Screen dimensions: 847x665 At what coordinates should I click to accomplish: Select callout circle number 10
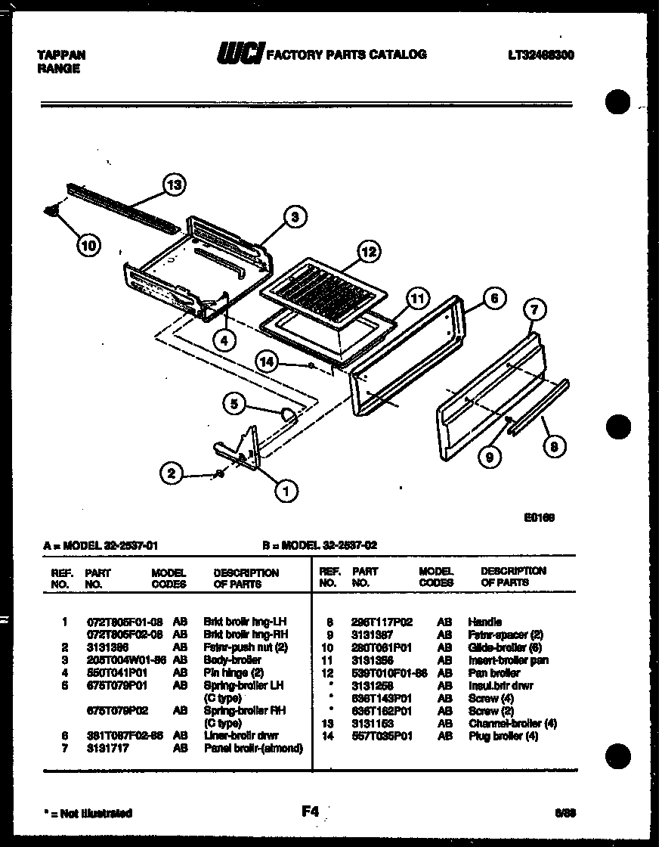[88, 244]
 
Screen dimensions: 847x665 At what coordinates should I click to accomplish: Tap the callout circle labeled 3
[295, 217]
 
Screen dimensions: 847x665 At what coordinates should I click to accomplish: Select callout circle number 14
[267, 361]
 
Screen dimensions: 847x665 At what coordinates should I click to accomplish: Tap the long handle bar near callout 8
[537, 409]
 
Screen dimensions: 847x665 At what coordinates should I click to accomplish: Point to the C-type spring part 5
[287, 413]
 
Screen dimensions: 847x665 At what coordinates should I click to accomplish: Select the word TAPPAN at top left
[61, 55]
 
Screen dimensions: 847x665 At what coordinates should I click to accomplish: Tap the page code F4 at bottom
[310, 811]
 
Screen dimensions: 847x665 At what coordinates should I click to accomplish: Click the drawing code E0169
[540, 518]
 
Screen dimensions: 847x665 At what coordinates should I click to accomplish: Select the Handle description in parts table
[484, 622]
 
